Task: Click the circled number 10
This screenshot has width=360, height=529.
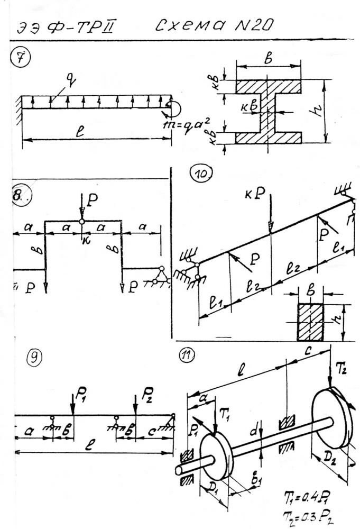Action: tap(203, 175)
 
